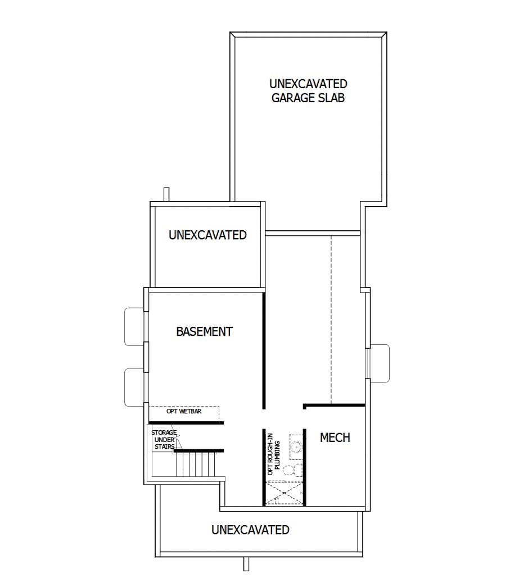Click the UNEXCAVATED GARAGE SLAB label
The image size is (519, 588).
click(308, 90)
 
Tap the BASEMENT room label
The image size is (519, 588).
click(204, 331)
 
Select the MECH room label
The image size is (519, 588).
click(335, 437)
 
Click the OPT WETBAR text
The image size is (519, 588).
click(184, 411)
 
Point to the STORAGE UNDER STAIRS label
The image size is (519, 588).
click(164, 440)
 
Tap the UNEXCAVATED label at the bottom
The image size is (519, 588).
click(250, 530)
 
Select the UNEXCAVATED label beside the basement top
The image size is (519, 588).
click(207, 235)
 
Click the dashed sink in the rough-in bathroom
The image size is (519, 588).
click(296, 444)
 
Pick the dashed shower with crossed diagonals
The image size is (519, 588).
click(283, 494)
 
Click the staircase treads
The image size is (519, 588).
click(196, 464)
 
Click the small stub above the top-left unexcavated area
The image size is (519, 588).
click(166, 194)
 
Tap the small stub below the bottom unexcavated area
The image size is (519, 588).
click(246, 564)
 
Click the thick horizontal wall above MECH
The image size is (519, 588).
click(334, 405)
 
